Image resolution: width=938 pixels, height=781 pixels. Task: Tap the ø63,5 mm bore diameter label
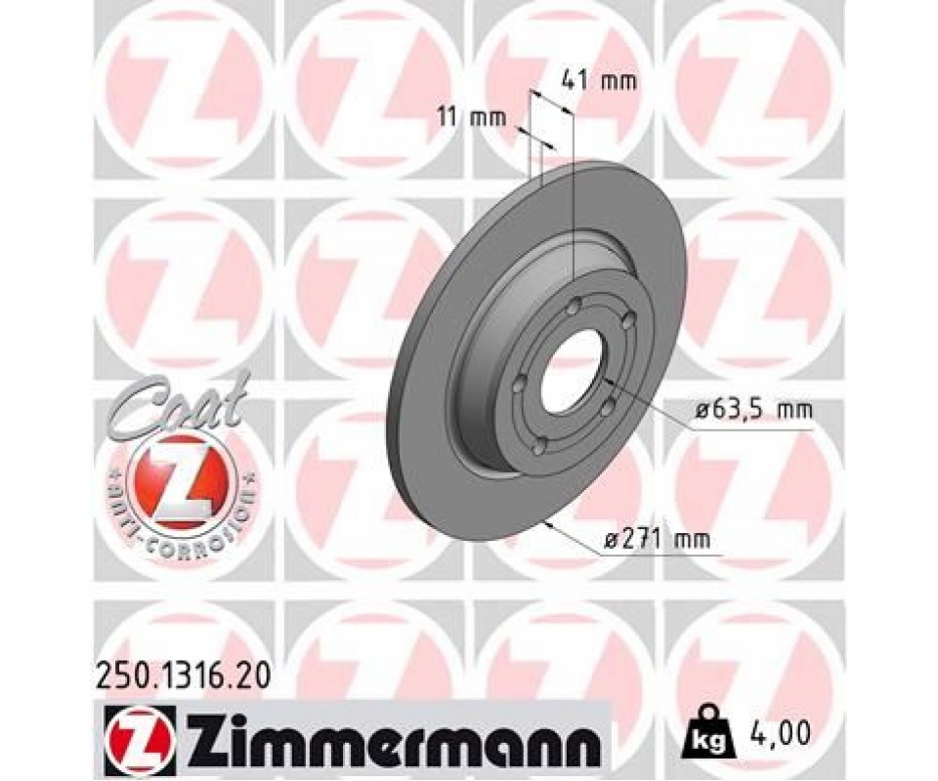(x=753, y=410)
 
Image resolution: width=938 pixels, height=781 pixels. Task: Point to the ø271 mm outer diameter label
(x=658, y=540)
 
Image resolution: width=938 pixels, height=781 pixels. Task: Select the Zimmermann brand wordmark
(x=391, y=731)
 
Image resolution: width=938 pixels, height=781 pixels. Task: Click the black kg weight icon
(x=709, y=733)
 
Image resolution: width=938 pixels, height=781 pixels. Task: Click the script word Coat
(x=180, y=403)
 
